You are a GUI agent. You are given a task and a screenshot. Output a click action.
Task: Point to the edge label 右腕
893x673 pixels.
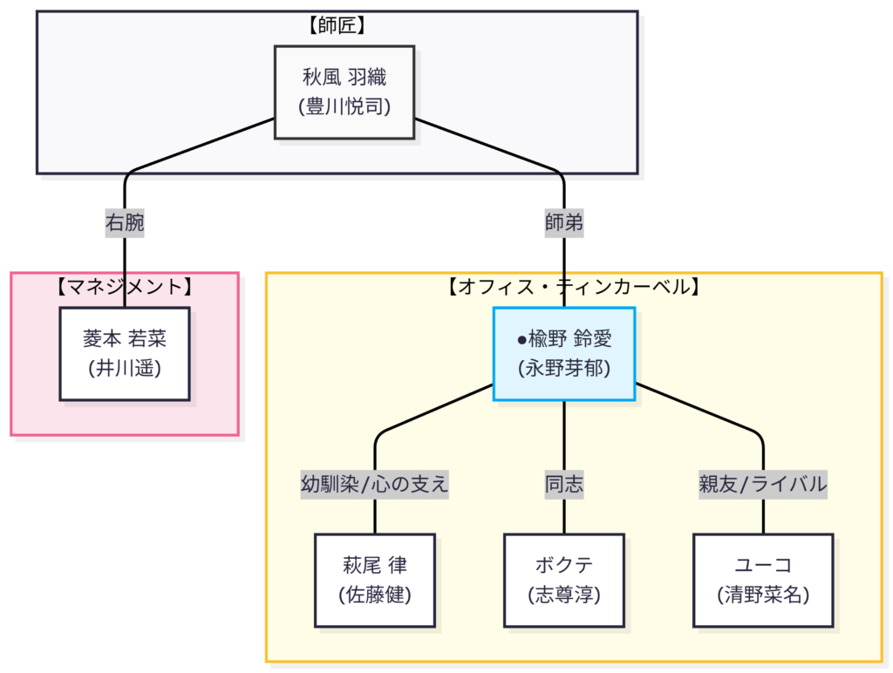tap(125, 223)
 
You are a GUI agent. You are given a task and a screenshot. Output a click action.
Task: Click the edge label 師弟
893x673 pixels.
tap(563, 223)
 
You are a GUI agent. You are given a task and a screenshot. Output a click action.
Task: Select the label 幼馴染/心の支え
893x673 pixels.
tap(374, 484)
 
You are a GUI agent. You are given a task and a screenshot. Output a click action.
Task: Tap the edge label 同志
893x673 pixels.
tap(563, 484)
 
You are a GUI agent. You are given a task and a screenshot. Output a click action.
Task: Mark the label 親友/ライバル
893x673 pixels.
tap(763, 484)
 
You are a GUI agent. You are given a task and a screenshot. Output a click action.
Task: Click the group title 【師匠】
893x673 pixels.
tap(337, 25)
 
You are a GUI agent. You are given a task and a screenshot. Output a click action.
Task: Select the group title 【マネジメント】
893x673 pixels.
tap(125, 286)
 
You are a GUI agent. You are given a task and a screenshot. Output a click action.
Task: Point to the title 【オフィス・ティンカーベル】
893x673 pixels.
tap(573, 286)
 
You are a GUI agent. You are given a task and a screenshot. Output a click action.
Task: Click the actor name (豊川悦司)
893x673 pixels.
tap(344, 107)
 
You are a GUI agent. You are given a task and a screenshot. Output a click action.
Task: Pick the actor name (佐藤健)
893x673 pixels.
tap(374, 595)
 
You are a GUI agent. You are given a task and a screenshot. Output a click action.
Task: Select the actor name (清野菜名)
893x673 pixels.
tap(763, 595)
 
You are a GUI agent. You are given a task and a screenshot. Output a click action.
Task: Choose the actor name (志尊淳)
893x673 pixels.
tap(563, 595)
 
